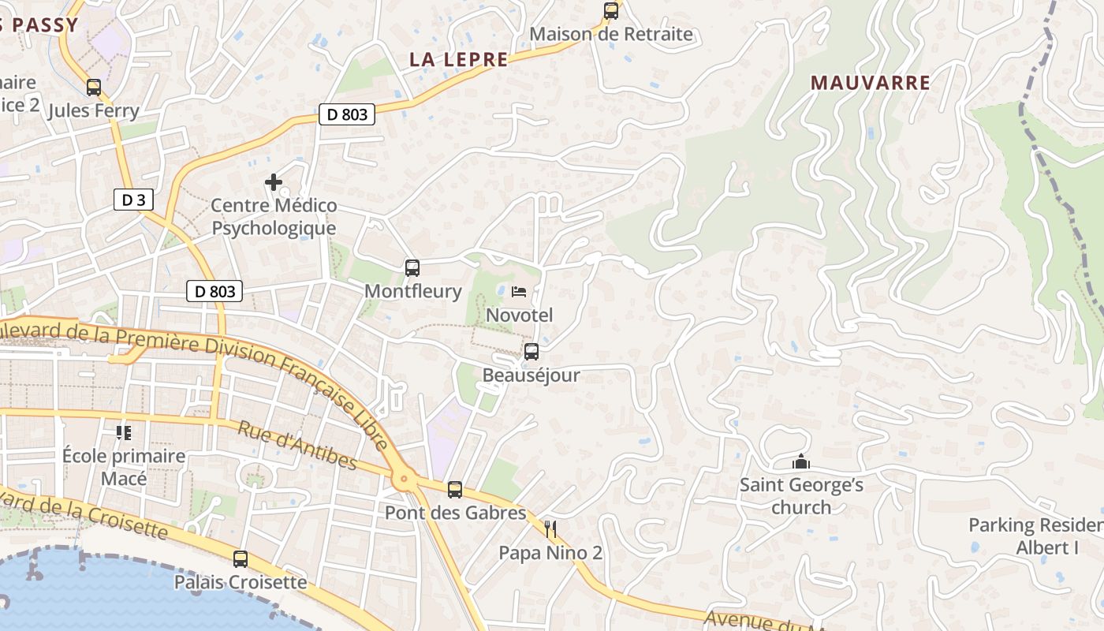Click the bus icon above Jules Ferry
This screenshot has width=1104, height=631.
pyautogui.click(x=94, y=88)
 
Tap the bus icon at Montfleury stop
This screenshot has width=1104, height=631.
pyautogui.click(x=412, y=268)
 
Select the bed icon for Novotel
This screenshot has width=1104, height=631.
pyautogui.click(x=519, y=292)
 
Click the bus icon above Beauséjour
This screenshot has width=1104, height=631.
pyautogui.click(x=531, y=352)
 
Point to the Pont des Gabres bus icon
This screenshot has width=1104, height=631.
pyautogui.click(x=455, y=490)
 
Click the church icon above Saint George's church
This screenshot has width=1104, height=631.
pyautogui.click(x=801, y=461)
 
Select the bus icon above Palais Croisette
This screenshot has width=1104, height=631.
pyautogui.click(x=241, y=559)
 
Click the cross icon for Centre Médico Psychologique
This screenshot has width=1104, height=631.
pyautogui.click(x=274, y=183)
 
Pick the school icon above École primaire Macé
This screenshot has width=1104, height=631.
pyautogui.click(x=124, y=432)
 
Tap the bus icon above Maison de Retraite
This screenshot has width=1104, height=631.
pyautogui.click(x=611, y=11)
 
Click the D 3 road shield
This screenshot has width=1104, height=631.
pyautogui.click(x=133, y=200)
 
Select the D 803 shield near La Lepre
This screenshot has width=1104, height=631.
pyautogui.click(x=347, y=114)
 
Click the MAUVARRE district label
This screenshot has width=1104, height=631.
pyautogui.click(x=871, y=82)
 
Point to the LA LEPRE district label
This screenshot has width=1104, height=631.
pyautogui.click(x=459, y=59)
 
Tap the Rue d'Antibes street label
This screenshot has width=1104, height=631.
pyautogui.click(x=297, y=446)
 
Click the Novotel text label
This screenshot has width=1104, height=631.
pyautogui.click(x=520, y=315)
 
